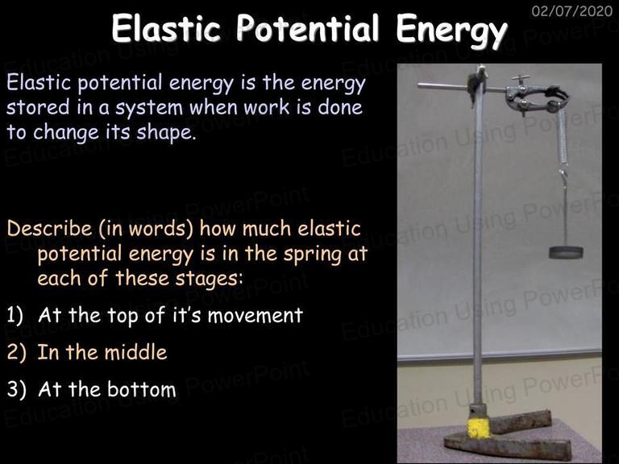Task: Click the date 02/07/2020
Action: click(x=572, y=10)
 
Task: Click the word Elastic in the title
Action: click(x=166, y=28)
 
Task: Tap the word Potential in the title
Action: click(x=308, y=28)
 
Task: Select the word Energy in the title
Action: click(x=452, y=31)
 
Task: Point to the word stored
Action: click(x=38, y=107)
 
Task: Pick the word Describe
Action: click(x=49, y=229)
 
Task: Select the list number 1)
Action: click(x=15, y=316)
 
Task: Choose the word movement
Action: click(x=255, y=316)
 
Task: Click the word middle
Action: click(x=135, y=352)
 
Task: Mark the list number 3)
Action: click(x=16, y=389)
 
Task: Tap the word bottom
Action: click(x=142, y=389)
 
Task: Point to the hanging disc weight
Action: click(x=566, y=252)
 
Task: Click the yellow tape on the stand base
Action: click(x=479, y=428)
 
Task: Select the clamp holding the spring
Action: click(x=537, y=98)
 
